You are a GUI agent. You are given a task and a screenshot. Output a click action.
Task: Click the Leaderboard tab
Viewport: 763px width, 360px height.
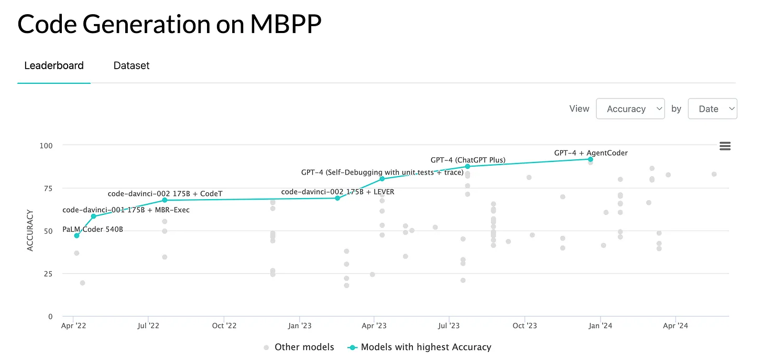point(54,66)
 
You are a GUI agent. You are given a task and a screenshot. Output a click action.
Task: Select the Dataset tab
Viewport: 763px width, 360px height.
point(132,66)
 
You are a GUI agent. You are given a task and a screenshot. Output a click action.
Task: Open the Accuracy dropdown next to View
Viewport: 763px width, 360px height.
point(630,108)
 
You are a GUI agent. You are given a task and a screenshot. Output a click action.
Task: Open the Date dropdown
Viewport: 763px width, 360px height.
point(712,108)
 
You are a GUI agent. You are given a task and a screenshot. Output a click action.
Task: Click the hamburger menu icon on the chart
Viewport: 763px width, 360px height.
point(725,146)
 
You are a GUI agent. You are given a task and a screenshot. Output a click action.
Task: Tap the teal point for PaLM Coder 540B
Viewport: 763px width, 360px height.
point(77,236)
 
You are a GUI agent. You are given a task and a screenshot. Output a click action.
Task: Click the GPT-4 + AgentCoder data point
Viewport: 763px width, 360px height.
point(591,159)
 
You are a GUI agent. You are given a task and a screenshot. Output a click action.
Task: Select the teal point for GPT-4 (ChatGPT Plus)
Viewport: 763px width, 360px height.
point(467,167)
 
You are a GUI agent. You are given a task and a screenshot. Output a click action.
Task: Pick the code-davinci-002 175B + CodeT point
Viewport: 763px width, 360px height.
point(165,200)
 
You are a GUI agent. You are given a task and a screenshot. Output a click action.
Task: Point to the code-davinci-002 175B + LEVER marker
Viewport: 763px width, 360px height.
point(337,198)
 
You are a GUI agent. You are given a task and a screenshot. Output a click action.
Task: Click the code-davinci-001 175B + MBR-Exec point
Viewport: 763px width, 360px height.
point(93,216)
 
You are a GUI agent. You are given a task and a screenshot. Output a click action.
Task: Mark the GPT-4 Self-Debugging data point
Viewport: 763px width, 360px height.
point(382,179)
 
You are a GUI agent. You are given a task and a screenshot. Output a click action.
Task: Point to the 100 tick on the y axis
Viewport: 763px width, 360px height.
point(46,145)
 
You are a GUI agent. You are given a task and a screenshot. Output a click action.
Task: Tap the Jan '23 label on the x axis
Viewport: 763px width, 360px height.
point(300,326)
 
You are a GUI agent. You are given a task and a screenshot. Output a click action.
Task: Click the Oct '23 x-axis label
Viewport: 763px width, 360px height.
point(525,326)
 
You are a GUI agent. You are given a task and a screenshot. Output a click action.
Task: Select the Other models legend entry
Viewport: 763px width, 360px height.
point(304,347)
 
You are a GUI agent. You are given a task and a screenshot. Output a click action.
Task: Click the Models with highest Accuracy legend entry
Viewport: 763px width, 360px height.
point(426,347)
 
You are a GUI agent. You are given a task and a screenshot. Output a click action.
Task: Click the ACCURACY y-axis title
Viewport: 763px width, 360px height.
point(30,231)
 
